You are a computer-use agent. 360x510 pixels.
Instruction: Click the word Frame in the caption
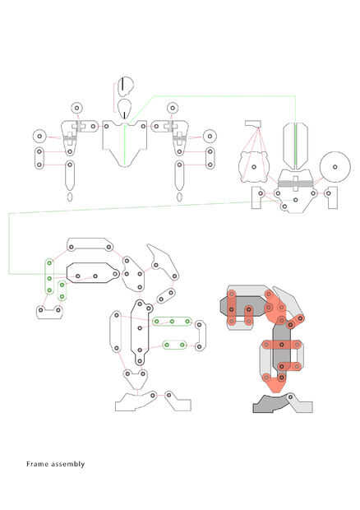[x=36, y=464]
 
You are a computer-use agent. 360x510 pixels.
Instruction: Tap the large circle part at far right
[x=335, y=167]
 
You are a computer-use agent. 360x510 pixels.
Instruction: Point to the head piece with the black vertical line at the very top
[x=126, y=86]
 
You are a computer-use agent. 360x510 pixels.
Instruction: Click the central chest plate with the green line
[x=124, y=142]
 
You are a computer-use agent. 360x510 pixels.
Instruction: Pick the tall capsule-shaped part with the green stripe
[x=295, y=146]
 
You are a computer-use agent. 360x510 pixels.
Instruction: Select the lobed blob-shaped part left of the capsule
[x=254, y=167]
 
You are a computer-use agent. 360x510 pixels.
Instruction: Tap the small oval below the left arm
[x=70, y=197]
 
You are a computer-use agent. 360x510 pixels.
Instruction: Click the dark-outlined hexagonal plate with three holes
[x=93, y=272]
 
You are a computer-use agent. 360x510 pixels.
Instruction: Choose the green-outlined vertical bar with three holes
[x=49, y=276]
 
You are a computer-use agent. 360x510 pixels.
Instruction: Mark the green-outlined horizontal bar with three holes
[x=172, y=322]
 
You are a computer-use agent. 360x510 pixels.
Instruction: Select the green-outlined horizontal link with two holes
[x=174, y=345]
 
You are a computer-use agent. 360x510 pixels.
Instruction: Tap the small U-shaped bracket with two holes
[x=49, y=312]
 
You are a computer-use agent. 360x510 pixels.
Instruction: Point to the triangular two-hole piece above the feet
[x=136, y=379]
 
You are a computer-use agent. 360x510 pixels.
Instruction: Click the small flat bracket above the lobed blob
[x=253, y=123]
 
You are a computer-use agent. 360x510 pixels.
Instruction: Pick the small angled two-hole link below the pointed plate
[x=166, y=296]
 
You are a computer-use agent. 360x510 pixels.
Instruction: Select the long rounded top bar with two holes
[x=90, y=244]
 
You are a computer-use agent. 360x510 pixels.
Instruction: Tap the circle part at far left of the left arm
[x=39, y=136]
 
